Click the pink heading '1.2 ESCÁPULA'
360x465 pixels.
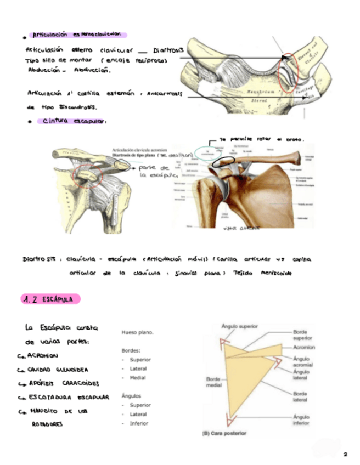point(50,299)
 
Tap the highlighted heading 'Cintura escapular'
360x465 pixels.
point(74,121)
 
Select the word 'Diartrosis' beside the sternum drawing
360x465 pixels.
point(167,50)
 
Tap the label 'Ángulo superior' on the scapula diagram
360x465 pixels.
point(240,326)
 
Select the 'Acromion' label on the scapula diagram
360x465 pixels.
point(303,348)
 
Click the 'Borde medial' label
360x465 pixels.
point(213,383)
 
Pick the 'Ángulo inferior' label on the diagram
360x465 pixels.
point(301,420)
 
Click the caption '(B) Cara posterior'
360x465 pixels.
point(224,433)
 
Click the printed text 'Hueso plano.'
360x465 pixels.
point(137,332)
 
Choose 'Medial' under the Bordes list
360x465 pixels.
point(138,378)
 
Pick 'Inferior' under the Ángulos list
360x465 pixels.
point(139,423)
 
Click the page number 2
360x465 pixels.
point(345,455)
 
